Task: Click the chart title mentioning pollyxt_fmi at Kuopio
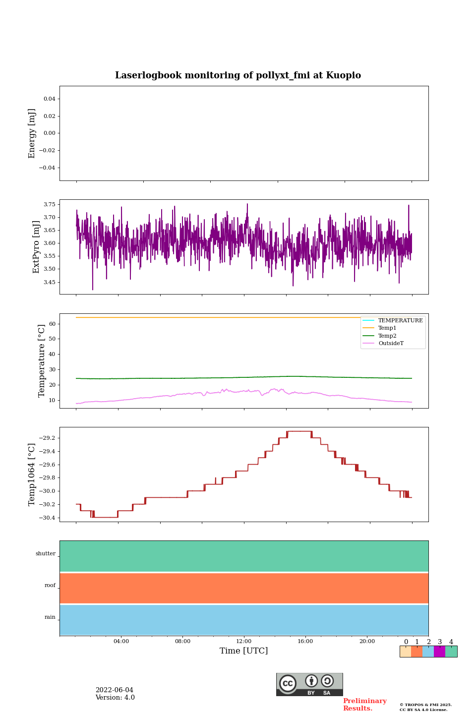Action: click(238, 75)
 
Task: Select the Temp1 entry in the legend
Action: click(387, 328)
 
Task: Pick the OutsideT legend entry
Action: click(391, 344)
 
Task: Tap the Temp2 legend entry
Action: click(387, 336)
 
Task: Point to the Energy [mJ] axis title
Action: click(32, 133)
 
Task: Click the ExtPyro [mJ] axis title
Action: click(36, 247)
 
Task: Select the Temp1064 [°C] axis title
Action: click(32, 475)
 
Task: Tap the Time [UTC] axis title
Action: click(243, 651)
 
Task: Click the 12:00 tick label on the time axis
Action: click(244, 642)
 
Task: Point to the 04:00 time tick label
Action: click(121, 642)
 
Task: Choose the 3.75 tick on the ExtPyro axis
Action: click(50, 204)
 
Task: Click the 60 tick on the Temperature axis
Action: click(52, 324)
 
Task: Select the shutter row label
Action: click(46, 554)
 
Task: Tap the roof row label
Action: click(50, 586)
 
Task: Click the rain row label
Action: click(50, 617)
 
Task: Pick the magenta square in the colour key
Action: click(439, 652)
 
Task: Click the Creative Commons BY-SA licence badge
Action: click(309, 684)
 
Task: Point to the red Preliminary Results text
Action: click(364, 705)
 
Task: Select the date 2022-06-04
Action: click(115, 690)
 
